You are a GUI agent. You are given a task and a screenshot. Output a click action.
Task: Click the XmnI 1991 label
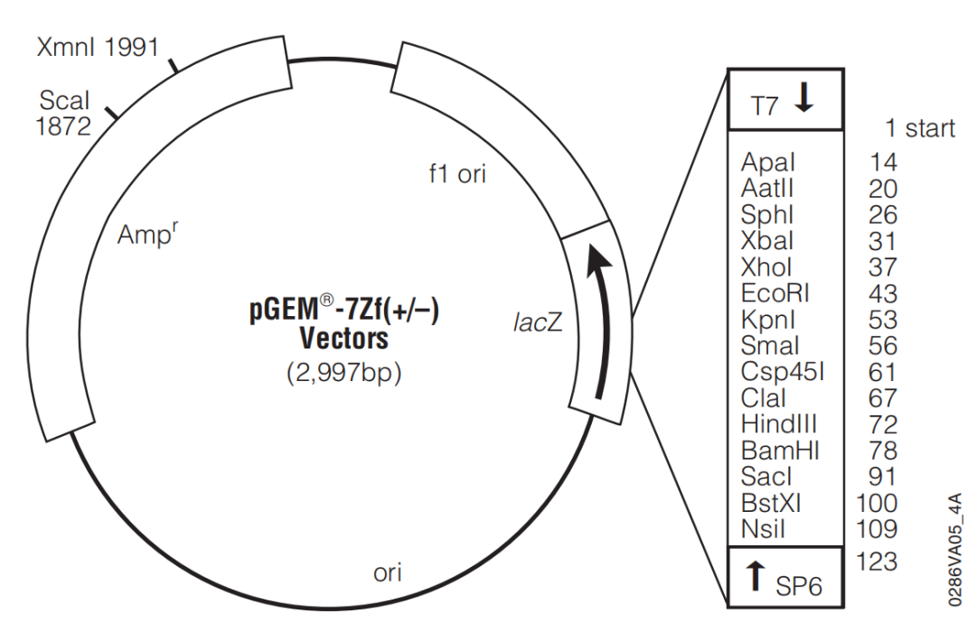pos(98,47)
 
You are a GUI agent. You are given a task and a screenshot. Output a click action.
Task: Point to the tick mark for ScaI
pos(112,113)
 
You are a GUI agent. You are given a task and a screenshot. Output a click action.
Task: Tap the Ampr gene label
pos(147,235)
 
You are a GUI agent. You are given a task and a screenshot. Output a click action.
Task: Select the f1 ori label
pos(457,173)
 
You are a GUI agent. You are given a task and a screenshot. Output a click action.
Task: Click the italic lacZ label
pos(538,321)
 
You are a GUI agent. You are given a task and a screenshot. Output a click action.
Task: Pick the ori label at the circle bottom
pos(387,572)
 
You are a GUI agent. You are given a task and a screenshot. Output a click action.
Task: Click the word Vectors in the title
pos(344,339)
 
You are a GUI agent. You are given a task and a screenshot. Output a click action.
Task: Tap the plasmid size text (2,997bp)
pos(344,373)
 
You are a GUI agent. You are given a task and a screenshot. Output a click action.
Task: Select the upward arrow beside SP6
pos(755,575)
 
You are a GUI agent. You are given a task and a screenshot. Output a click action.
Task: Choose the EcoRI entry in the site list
pos(775,293)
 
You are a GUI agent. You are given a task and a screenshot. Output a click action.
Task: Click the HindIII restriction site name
pos(779,424)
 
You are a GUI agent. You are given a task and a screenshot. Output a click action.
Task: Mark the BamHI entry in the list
pos(780,451)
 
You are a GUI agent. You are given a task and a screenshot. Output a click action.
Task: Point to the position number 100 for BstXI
pos(877,503)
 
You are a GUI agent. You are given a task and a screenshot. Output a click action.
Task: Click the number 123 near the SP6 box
pos(877,561)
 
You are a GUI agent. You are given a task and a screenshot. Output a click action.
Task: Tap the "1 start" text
pos(920,128)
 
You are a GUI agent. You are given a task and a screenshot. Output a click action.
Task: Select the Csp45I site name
pos(783,372)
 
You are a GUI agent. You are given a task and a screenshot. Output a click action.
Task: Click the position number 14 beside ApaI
pos(883,163)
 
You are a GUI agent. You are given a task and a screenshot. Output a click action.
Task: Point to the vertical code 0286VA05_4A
pos(955,549)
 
